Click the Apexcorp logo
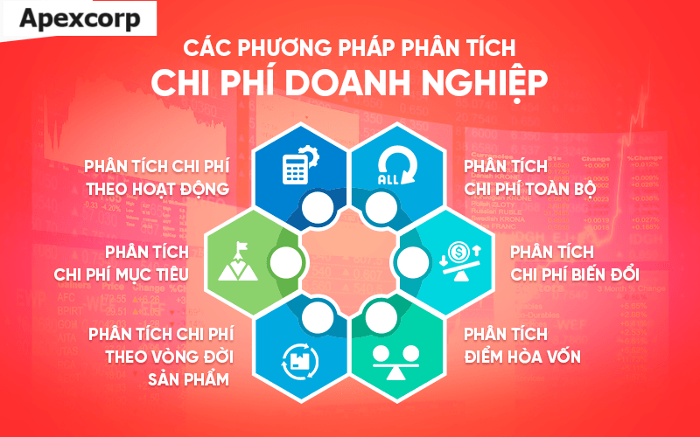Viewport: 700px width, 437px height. click(x=80, y=19)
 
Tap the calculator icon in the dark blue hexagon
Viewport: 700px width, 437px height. click(x=297, y=166)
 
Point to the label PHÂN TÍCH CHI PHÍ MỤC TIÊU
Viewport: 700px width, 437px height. click(x=121, y=263)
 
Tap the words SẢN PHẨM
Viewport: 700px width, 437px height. click(x=187, y=380)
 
